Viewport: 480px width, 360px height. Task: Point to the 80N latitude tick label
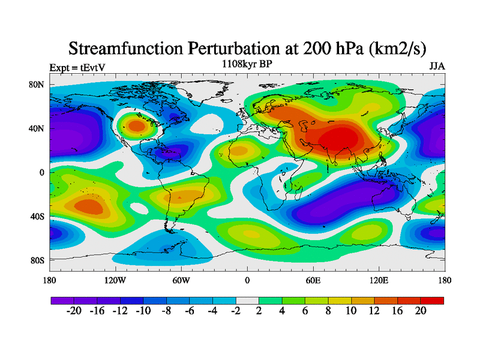pyautogui.click(x=37, y=85)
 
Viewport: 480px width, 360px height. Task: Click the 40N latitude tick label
pyautogui.click(x=37, y=128)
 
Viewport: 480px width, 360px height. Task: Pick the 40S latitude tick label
pyautogui.click(x=37, y=216)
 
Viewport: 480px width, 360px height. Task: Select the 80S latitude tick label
pyautogui.click(x=37, y=260)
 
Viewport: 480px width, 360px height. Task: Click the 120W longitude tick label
pyautogui.click(x=115, y=280)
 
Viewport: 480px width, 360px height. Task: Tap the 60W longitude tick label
pyautogui.click(x=181, y=280)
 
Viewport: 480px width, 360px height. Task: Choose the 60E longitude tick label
pyautogui.click(x=313, y=280)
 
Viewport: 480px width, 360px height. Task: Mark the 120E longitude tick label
pyautogui.click(x=379, y=280)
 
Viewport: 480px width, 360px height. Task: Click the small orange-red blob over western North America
pyautogui.click(x=137, y=126)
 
